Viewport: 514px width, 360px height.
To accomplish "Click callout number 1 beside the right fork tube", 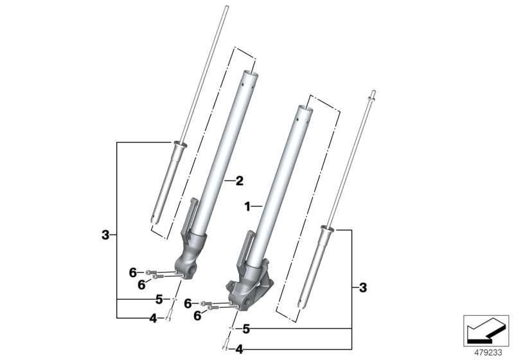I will pos(246,206).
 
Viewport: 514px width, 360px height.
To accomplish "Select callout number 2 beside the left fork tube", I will pos(238,182).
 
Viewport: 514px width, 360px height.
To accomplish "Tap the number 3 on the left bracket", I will pos(106,235).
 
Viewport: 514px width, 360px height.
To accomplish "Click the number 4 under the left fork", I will pos(153,318).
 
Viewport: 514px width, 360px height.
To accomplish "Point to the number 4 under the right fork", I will pos(239,350).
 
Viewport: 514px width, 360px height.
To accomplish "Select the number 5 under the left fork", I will pos(157,300).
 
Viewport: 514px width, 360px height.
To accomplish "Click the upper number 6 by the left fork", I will pos(133,272).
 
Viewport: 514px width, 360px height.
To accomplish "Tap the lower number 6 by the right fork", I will pos(197,315).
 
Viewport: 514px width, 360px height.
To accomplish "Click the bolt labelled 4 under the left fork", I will pos(168,315).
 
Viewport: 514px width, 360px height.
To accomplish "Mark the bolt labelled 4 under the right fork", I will pos(226,347).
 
